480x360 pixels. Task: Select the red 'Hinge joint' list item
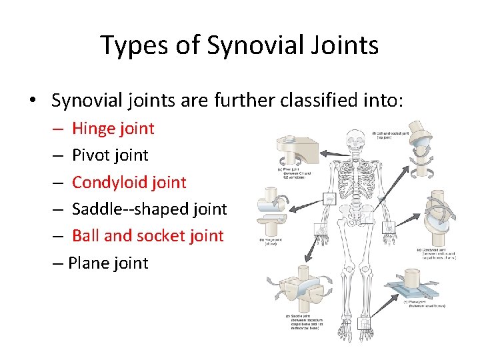(113, 128)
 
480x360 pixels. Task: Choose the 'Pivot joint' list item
(110, 155)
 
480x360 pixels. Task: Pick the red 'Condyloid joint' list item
(129, 182)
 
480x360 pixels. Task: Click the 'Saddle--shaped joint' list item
(149, 209)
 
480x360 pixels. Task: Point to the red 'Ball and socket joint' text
(147, 235)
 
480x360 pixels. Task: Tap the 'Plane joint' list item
(109, 263)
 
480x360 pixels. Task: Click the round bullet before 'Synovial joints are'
(32, 101)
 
